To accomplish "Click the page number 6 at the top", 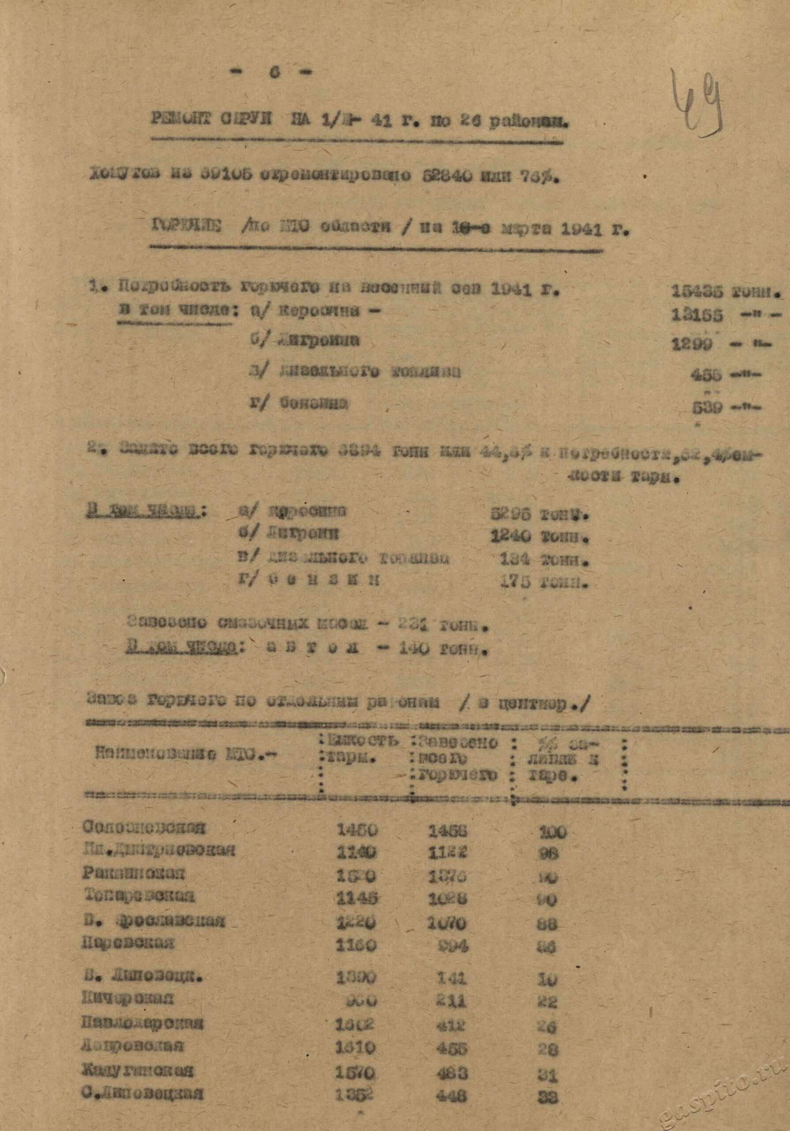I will click(x=274, y=72).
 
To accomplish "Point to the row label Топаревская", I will click(x=139, y=896).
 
